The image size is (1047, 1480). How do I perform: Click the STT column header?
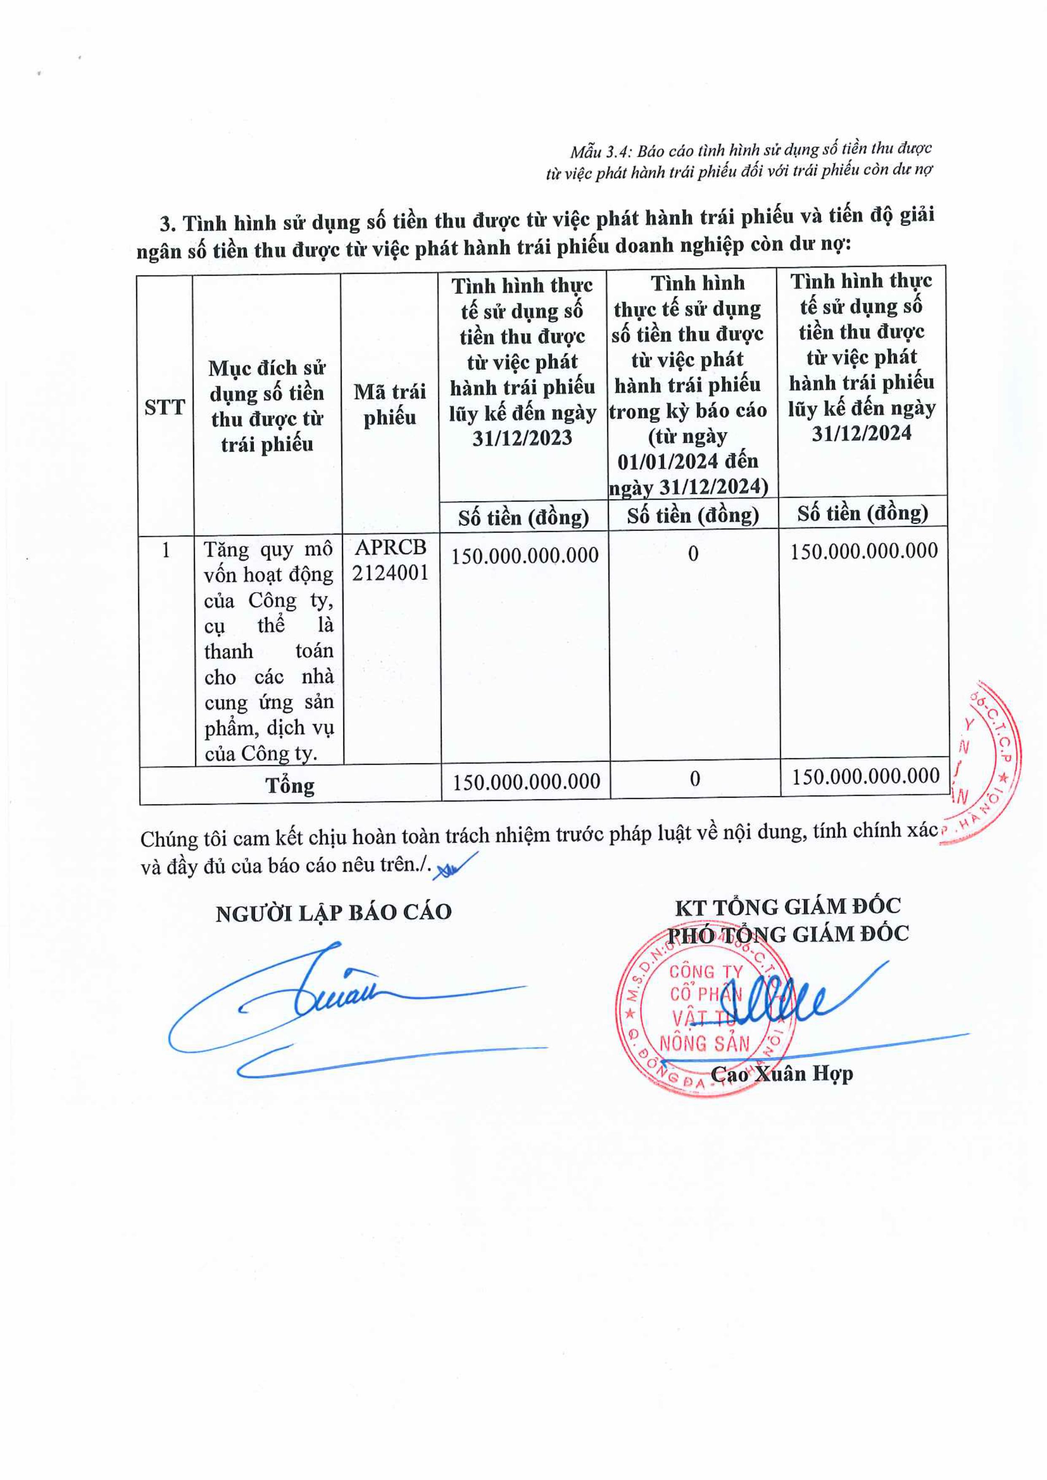(165, 407)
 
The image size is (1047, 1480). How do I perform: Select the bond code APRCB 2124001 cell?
(390, 560)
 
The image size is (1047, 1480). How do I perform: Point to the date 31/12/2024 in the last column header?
(861, 432)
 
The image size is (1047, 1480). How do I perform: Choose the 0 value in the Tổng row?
(694, 779)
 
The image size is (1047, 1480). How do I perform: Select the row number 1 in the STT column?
(166, 550)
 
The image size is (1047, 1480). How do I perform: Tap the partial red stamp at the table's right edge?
(986, 760)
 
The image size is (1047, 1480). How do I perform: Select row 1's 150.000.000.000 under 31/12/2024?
(864, 550)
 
